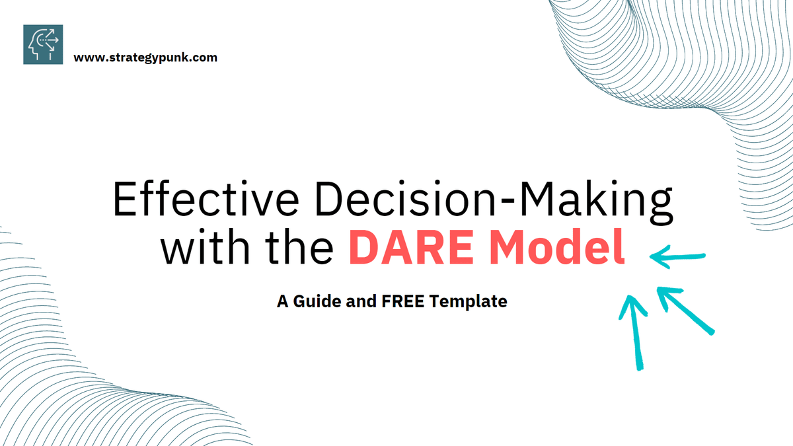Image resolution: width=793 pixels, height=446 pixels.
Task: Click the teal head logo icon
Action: point(43,44)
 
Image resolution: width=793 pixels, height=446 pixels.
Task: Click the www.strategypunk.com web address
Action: point(145,57)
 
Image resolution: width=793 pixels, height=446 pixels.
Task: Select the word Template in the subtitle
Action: point(469,302)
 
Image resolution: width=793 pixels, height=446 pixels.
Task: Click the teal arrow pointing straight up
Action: point(634,330)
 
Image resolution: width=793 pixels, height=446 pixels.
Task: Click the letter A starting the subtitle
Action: point(282,302)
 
